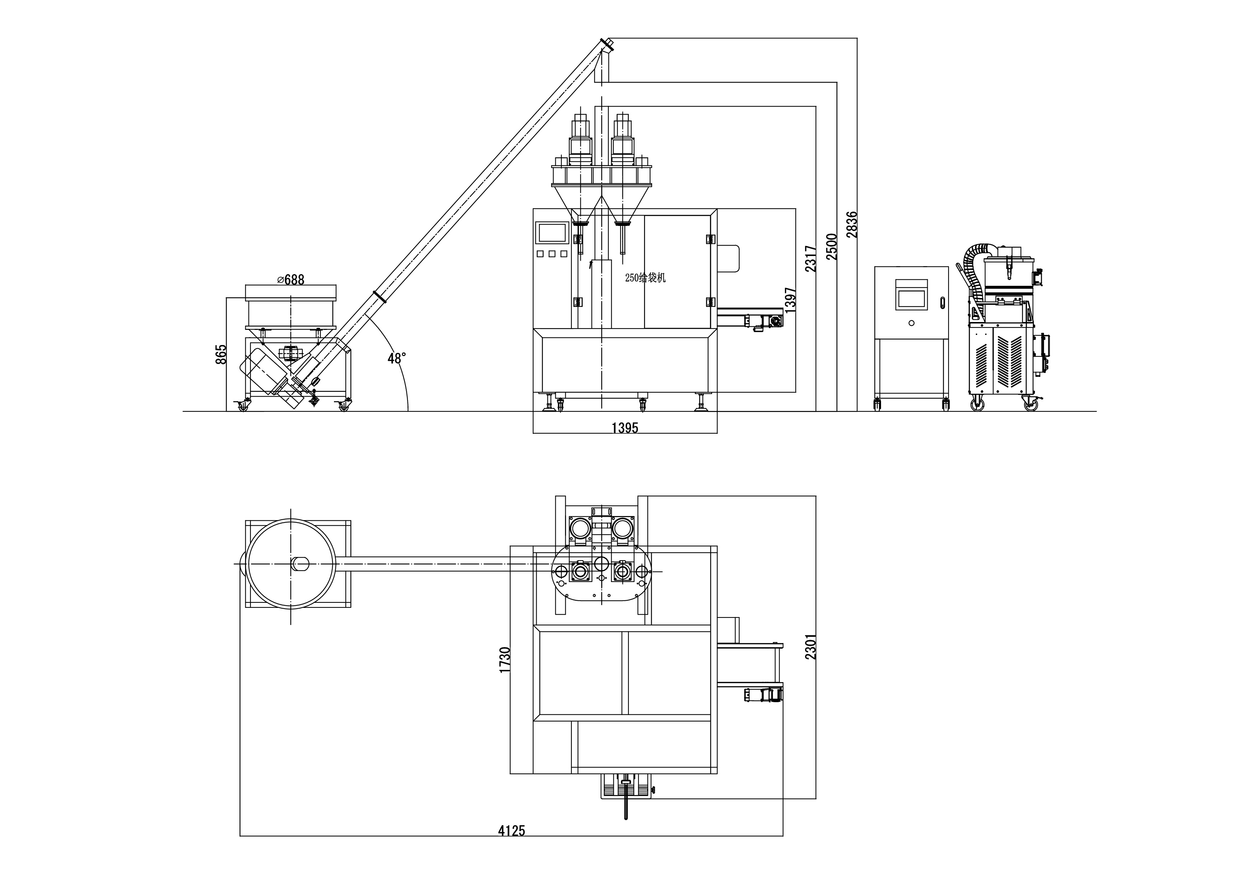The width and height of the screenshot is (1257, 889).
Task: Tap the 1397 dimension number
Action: coord(790,300)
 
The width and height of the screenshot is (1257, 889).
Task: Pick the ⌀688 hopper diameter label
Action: coord(291,280)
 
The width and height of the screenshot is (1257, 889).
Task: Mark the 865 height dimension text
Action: coord(221,355)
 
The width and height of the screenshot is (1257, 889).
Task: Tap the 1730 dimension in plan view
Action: coord(505,659)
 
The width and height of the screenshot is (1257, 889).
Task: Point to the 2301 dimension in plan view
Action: coord(811,647)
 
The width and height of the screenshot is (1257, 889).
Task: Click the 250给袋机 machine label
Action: coord(645,278)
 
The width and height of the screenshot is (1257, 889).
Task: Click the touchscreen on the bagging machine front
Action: coord(552,233)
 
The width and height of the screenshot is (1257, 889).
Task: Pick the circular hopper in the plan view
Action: coord(290,563)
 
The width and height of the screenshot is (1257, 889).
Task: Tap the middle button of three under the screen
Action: coord(551,254)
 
